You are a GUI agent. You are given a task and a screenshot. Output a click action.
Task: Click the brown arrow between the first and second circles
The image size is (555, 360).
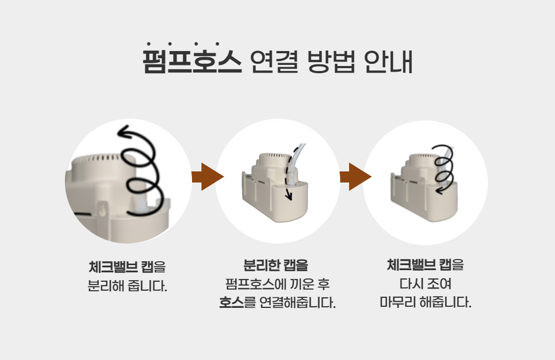(206, 177)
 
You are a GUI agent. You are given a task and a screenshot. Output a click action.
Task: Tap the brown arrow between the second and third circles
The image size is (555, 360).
(355, 177)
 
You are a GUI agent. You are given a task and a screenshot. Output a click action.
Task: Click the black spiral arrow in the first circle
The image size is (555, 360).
(140, 169)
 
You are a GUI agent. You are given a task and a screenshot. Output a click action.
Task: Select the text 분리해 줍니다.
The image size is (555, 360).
(127, 287)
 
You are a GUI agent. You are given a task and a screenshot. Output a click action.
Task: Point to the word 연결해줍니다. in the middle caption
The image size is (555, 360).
(297, 303)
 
